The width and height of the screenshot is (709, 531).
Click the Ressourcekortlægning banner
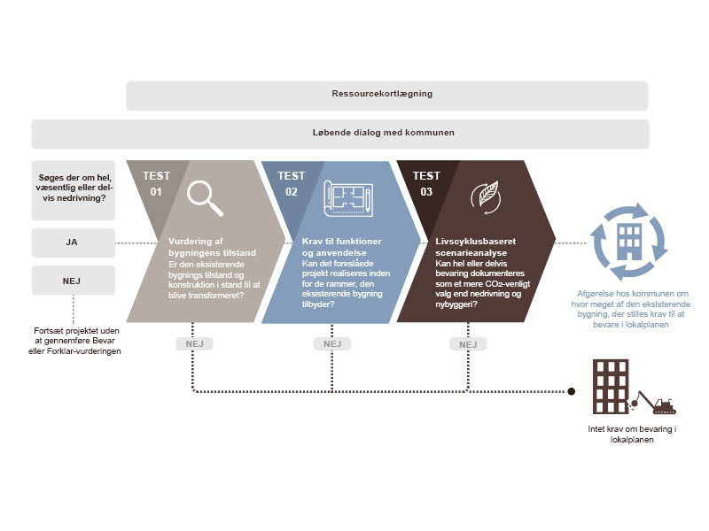[386, 96]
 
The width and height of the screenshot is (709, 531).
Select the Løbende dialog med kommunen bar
[340, 134]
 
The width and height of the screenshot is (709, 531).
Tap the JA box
[73, 242]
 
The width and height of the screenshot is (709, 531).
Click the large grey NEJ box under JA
[73, 280]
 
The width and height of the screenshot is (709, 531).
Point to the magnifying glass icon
[205, 198]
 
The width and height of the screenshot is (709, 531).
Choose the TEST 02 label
[290, 182]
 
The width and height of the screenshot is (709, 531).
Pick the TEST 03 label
[426, 182]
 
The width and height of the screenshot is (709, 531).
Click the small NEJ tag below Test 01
[194, 343]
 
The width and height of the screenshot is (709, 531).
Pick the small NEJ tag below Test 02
[331, 343]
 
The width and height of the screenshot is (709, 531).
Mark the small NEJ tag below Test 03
[469, 343]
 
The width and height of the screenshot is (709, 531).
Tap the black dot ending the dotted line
[572, 390]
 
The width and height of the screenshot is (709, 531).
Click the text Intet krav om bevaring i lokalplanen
[633, 435]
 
